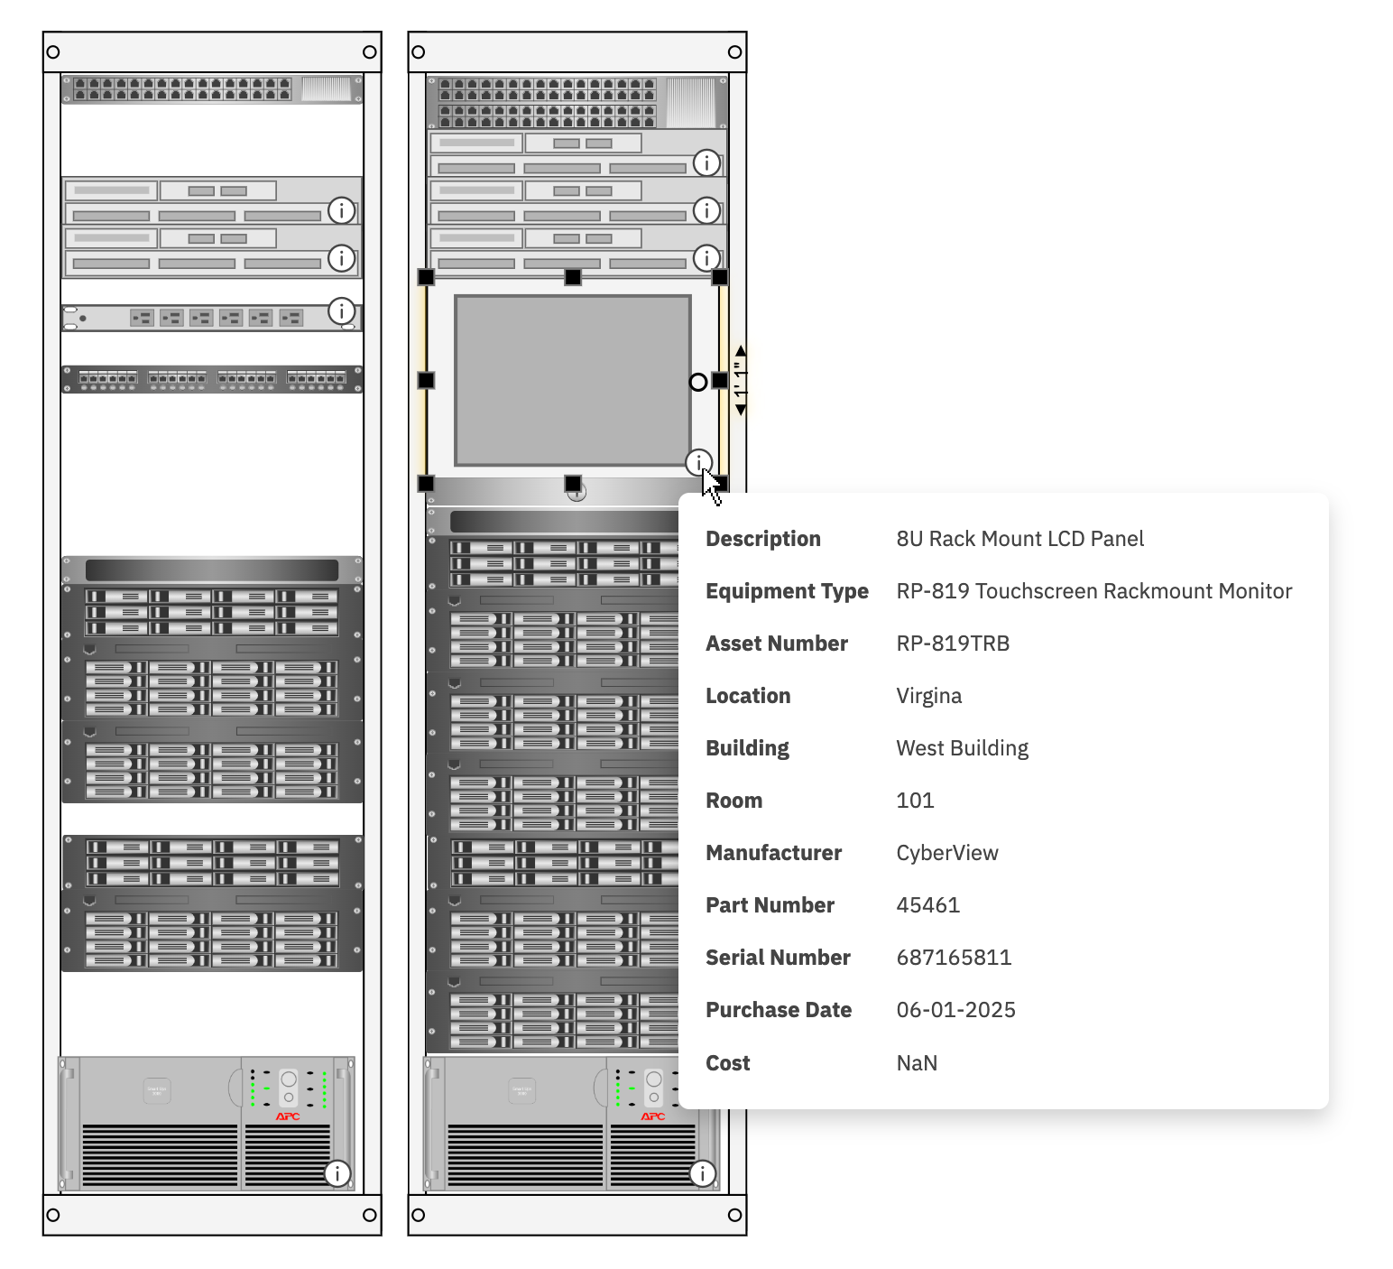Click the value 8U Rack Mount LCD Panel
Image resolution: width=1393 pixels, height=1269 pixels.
1019,539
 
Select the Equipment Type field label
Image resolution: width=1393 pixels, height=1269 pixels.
787,591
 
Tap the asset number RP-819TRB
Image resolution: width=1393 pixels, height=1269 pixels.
953,644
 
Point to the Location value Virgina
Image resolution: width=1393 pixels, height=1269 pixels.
928,696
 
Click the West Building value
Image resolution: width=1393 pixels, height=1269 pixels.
962,748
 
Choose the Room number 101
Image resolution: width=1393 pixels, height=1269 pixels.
915,801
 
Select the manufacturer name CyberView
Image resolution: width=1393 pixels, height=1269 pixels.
947,853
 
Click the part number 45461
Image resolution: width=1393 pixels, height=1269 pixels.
927,905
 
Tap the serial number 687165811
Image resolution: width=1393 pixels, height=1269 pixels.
954,958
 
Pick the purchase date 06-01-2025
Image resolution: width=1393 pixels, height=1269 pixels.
955,1010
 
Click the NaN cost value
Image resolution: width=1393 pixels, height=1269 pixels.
917,1063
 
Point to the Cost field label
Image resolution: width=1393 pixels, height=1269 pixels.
727,1063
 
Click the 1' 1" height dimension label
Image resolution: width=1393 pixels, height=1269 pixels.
741,380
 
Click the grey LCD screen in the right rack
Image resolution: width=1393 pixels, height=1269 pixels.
572,380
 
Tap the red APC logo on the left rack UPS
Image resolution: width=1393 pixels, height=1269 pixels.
288,1116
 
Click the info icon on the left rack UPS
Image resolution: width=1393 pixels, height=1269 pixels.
337,1173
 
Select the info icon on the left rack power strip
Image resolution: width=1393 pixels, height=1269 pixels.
341,310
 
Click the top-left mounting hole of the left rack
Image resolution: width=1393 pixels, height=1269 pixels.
53,52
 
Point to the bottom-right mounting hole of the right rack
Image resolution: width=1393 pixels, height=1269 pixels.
734,1215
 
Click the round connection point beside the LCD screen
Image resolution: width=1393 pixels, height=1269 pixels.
698,382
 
